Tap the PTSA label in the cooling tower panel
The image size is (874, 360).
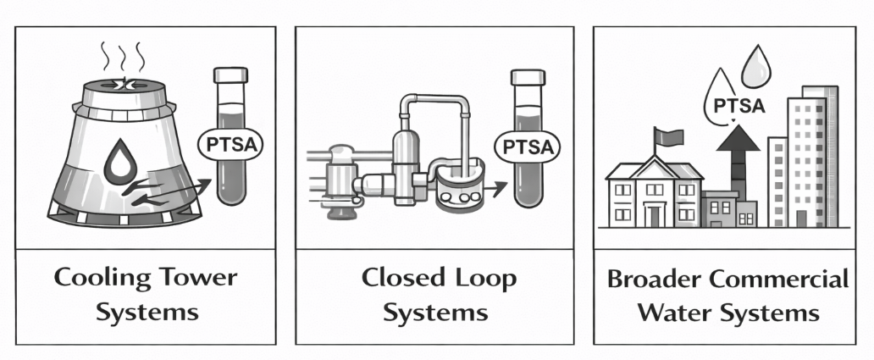click(229, 145)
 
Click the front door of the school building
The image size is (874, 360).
click(654, 216)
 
